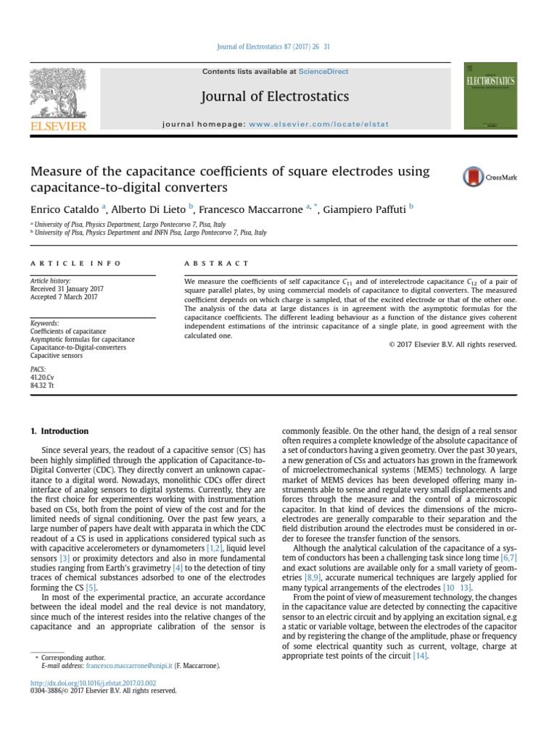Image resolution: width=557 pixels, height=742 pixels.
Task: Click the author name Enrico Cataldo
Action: coord(64,210)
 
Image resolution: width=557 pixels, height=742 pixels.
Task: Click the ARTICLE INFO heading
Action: coord(75,263)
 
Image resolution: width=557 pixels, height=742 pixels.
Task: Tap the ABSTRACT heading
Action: coord(216,263)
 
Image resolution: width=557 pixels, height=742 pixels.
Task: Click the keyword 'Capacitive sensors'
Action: coord(57,356)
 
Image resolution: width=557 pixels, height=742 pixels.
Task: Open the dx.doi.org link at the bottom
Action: coord(92,682)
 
